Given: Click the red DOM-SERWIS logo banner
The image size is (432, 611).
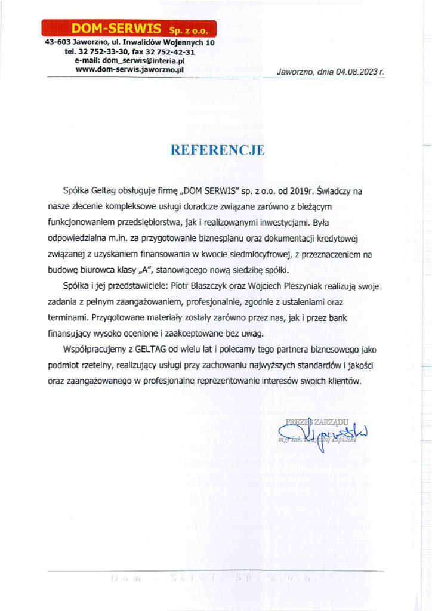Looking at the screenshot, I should click(129, 28).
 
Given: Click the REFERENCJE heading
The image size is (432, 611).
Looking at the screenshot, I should click(217, 150).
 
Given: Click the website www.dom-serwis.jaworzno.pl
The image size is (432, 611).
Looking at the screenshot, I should click(129, 69).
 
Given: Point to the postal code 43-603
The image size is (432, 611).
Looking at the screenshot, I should click(57, 44).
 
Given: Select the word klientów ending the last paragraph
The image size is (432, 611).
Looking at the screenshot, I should click(347, 381).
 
